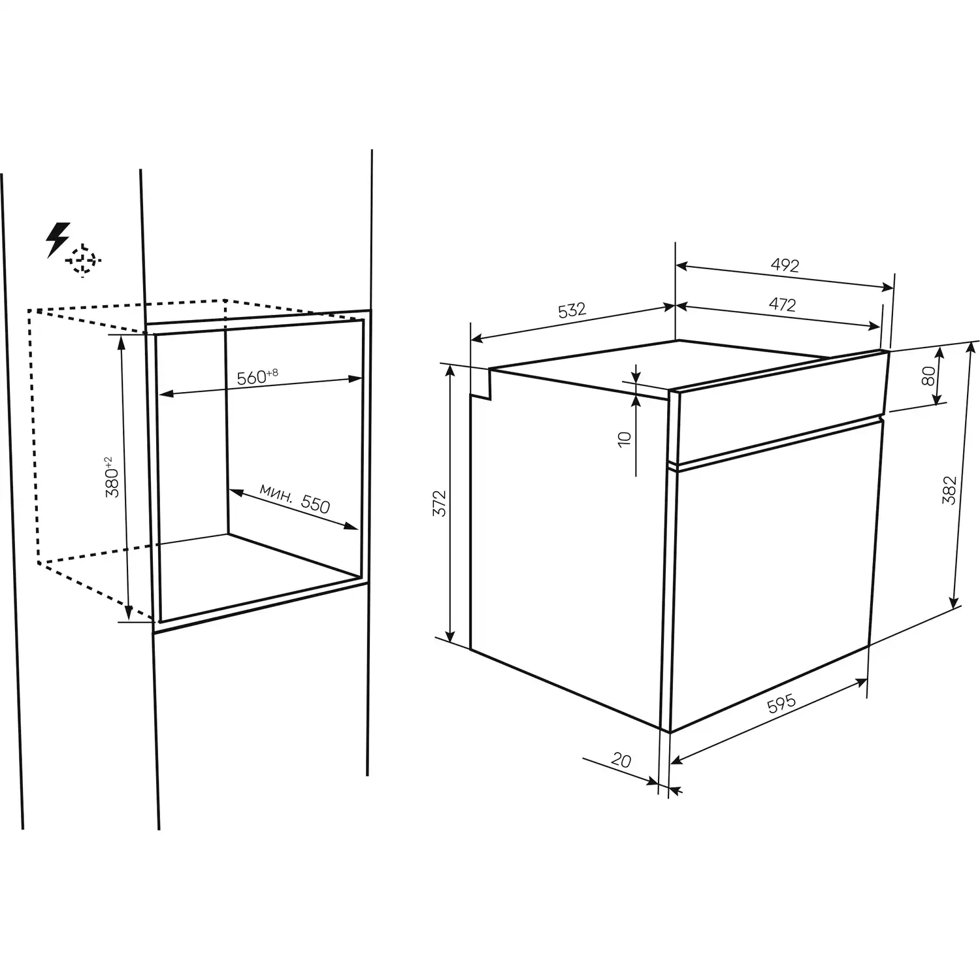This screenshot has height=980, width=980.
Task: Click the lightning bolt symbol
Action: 57,240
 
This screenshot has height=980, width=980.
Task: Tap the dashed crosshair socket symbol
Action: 83,261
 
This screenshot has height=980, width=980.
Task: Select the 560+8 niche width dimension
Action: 257,377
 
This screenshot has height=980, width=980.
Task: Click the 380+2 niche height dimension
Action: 112,478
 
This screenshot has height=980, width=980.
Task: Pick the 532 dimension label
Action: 572,310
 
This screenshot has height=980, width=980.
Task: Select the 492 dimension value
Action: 785,265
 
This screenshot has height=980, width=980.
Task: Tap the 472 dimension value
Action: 783,304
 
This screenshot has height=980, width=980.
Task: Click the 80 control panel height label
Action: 928,376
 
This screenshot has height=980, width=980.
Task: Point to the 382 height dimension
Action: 949,490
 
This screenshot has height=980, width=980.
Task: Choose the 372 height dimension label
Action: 440,503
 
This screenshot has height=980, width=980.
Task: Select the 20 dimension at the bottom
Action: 621,759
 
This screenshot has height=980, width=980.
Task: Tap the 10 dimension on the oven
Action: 625,438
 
